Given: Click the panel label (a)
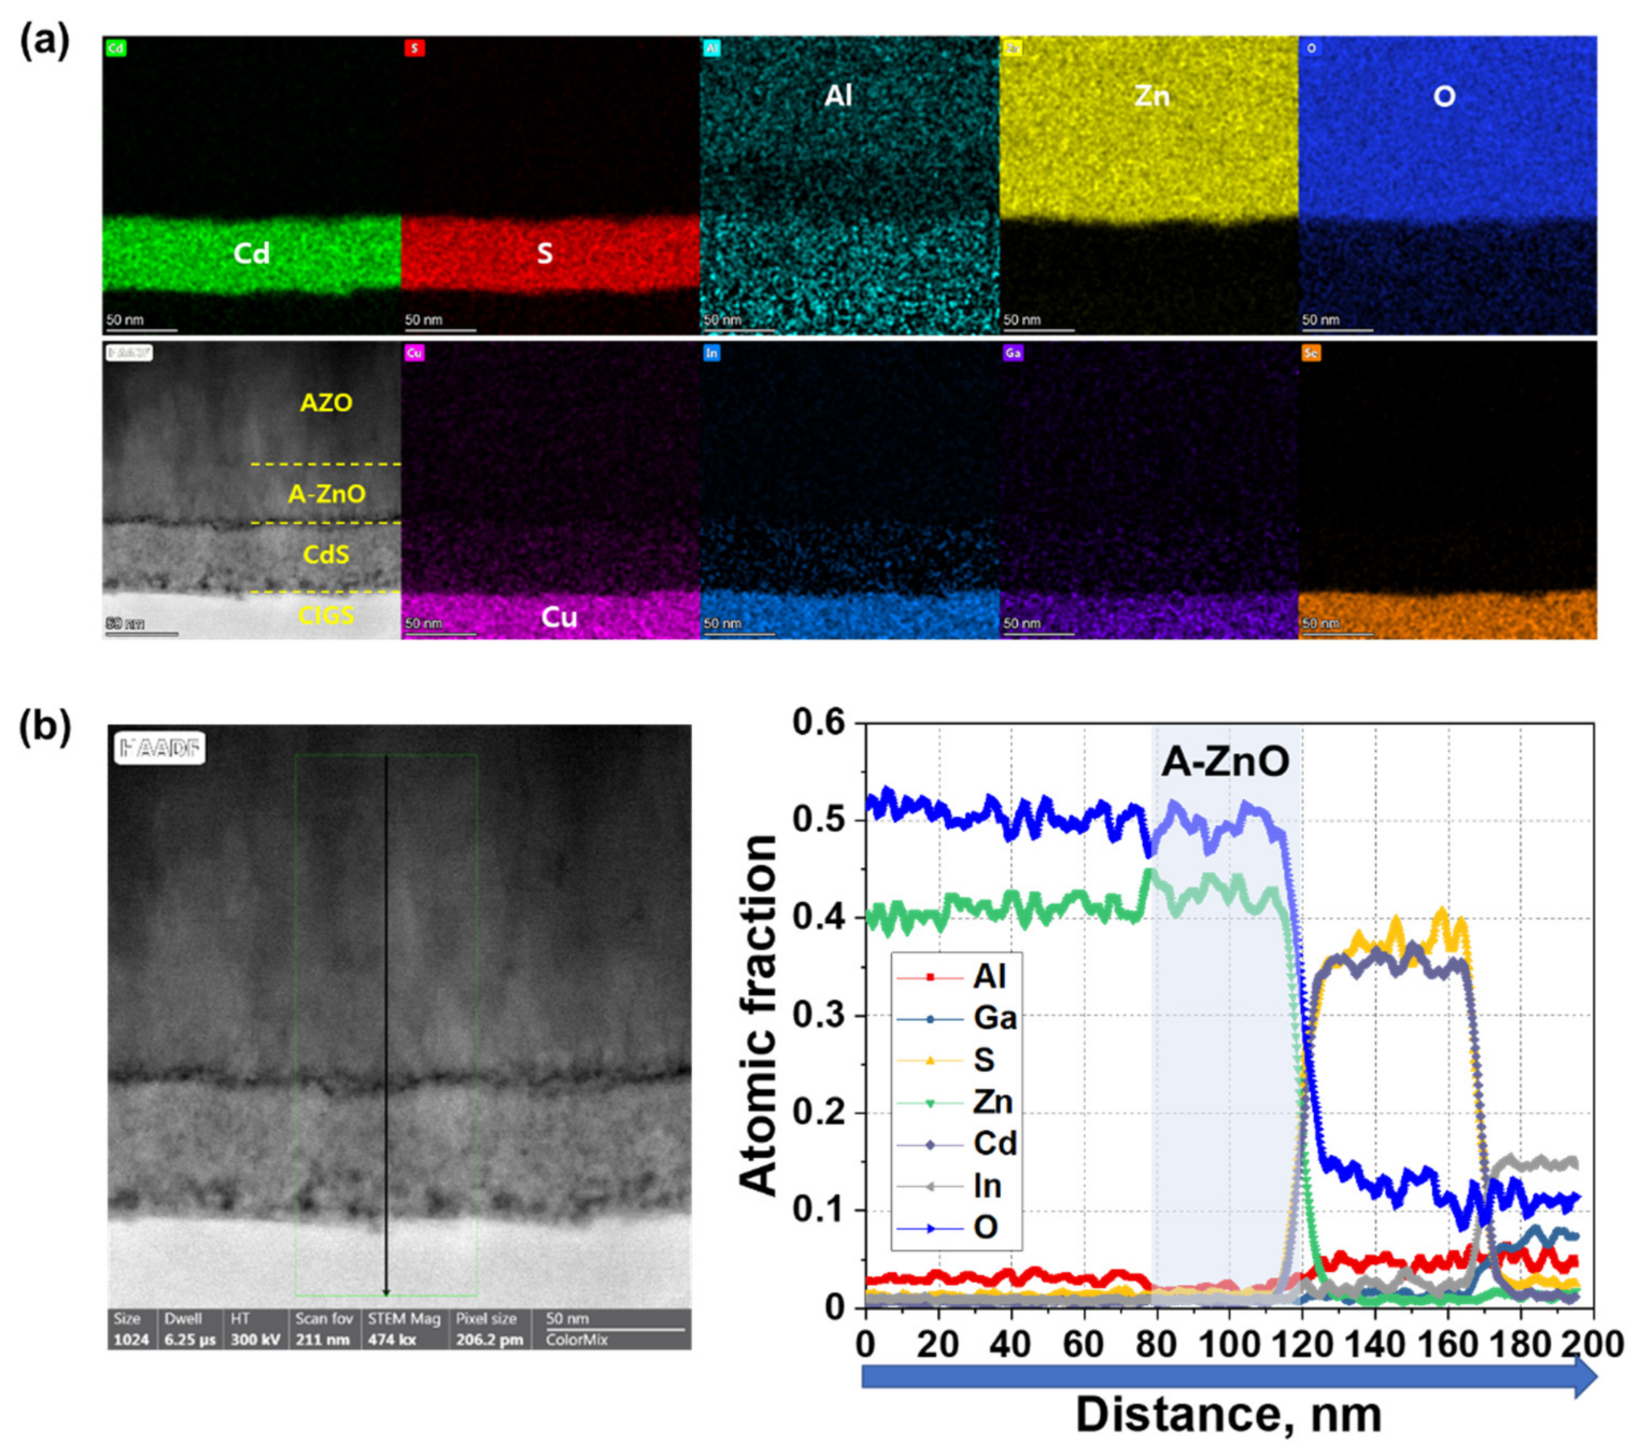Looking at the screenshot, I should [x=44, y=40].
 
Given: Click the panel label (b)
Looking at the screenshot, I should [x=44, y=727].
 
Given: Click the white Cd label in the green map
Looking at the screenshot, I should [x=251, y=253].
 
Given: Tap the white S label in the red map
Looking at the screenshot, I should [x=545, y=253].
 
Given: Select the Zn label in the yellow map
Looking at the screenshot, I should [x=1151, y=97].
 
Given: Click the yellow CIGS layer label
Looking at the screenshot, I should [x=326, y=616].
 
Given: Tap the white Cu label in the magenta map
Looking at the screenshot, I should [x=559, y=617].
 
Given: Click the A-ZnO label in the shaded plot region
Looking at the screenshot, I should [x=1225, y=761].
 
